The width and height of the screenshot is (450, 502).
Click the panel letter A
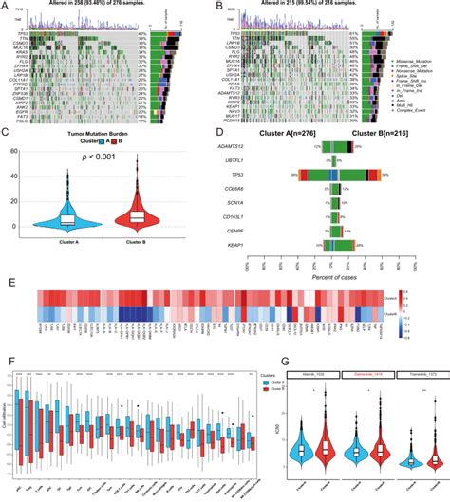tap(7, 6)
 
